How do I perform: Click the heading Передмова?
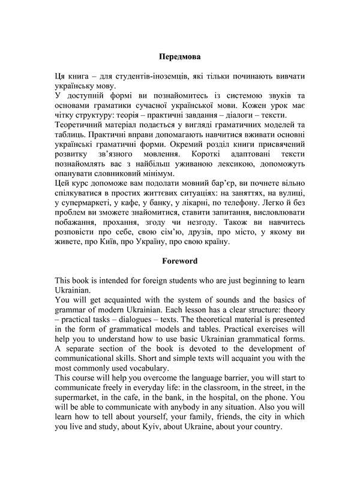coord(179,58)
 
